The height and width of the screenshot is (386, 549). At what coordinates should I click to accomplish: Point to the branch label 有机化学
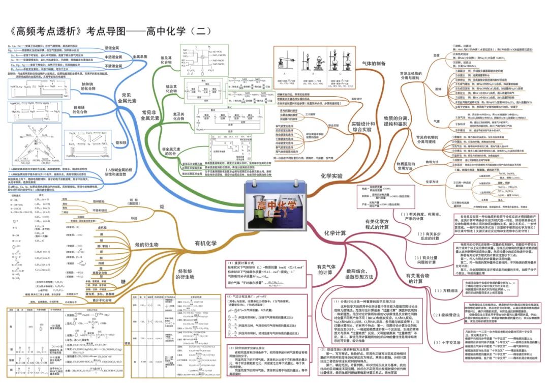[205, 244]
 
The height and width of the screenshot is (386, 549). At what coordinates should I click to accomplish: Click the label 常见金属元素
[128, 99]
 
